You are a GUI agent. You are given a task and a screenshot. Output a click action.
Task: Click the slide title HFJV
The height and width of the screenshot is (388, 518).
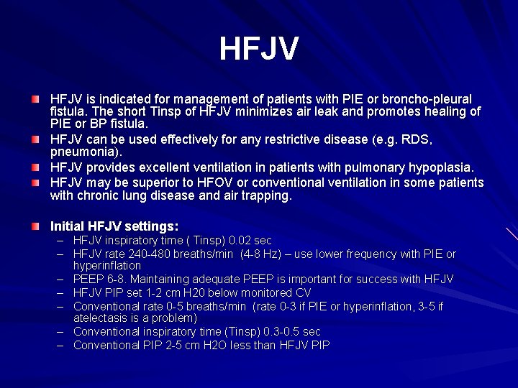258,49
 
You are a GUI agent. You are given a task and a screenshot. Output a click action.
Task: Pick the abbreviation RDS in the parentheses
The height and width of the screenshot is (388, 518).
419,139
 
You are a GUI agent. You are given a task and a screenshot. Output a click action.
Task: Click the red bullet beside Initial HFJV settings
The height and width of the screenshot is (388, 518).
35,226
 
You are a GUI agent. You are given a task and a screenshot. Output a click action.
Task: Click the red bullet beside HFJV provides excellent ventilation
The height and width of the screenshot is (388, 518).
35,167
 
